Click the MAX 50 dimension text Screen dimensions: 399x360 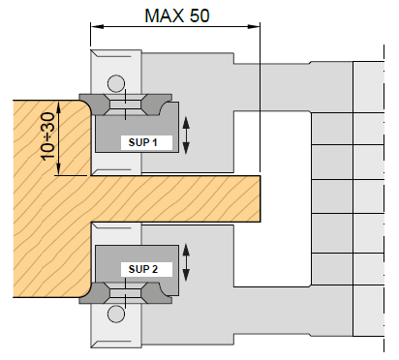177,15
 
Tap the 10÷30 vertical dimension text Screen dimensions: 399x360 48,136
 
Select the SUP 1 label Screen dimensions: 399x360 142,142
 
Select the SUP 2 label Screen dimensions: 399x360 143,269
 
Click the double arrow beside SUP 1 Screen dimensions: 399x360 186,135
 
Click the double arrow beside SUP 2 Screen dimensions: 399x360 186,262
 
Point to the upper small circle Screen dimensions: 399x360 116,83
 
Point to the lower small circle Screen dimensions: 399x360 116,314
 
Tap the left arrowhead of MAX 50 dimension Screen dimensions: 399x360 97,26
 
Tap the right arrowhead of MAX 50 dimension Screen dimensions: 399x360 254,26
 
